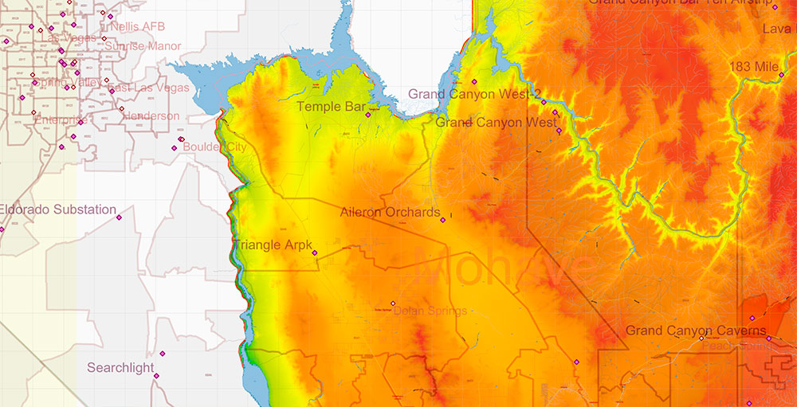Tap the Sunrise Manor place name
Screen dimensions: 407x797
coord(147,46)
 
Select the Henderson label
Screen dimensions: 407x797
coord(151,116)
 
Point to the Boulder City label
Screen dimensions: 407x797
coord(214,147)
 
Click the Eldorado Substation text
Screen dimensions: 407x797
coord(57,210)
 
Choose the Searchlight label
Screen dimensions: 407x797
coord(121,368)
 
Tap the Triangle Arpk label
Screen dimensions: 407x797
coord(273,245)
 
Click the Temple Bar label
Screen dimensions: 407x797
coord(331,106)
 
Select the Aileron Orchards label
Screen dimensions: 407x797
coord(390,213)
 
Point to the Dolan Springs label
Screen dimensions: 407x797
coord(430,311)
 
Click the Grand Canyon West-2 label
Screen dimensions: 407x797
coord(475,94)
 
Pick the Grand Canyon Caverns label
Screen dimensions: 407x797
coord(696,331)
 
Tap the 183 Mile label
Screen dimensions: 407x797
coord(753,68)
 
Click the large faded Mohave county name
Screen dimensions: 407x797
coord(510,271)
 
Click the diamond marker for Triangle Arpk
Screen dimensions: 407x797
coord(315,253)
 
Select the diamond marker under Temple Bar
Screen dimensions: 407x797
coord(368,115)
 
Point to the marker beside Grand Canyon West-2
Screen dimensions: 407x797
coord(474,82)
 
